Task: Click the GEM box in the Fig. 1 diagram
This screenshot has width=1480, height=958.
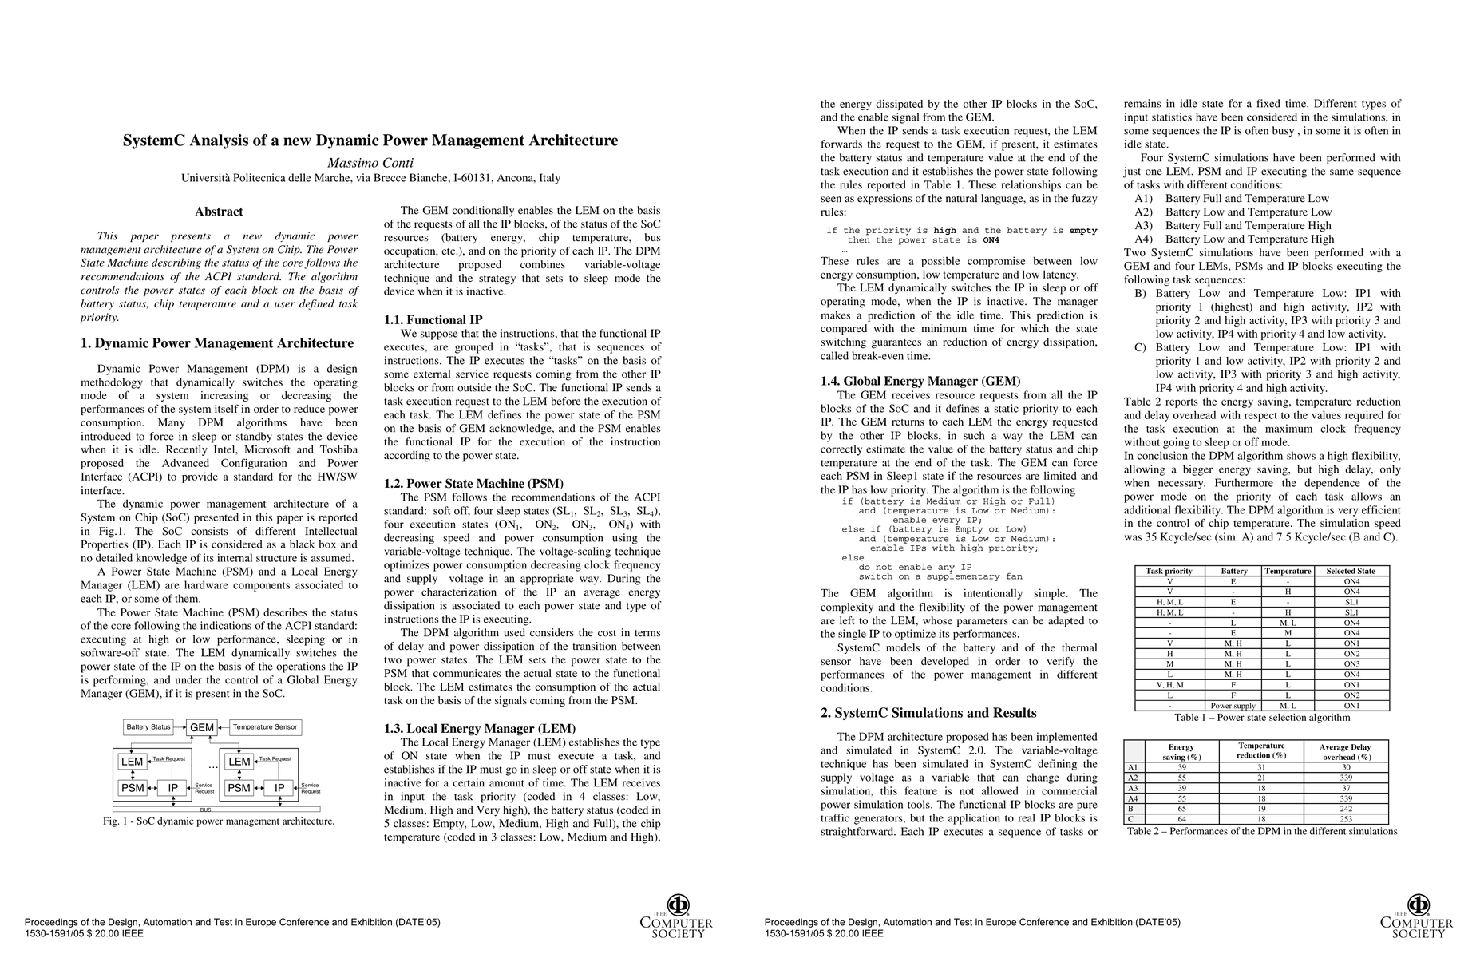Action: (x=202, y=727)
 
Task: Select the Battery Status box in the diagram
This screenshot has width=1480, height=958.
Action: (x=148, y=727)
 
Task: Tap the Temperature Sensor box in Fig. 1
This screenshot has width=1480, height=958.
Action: (x=265, y=727)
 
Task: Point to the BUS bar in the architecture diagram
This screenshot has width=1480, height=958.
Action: (x=205, y=810)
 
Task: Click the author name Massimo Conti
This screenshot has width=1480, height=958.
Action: (x=370, y=163)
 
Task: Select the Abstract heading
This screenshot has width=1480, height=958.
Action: (x=219, y=212)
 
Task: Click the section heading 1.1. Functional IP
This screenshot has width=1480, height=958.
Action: (x=433, y=320)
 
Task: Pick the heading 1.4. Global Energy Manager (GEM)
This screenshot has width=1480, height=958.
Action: (x=920, y=382)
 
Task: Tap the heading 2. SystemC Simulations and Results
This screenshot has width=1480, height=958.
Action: (x=928, y=713)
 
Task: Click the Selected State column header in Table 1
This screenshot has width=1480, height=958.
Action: (x=1351, y=571)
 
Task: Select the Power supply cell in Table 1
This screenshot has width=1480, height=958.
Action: (x=1233, y=706)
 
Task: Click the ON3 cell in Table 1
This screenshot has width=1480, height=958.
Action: (x=1351, y=664)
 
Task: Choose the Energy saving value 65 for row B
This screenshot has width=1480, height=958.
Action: (x=1182, y=809)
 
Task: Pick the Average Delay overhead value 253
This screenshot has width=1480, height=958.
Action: (x=1346, y=819)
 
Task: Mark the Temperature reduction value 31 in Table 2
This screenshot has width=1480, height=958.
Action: (x=1261, y=767)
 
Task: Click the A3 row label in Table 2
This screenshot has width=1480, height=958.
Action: (x=1133, y=788)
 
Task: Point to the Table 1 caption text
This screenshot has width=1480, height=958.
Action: (x=1261, y=718)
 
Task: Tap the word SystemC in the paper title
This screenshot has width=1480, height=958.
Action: (x=152, y=141)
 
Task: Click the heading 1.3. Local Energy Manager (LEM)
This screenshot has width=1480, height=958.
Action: (x=480, y=729)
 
